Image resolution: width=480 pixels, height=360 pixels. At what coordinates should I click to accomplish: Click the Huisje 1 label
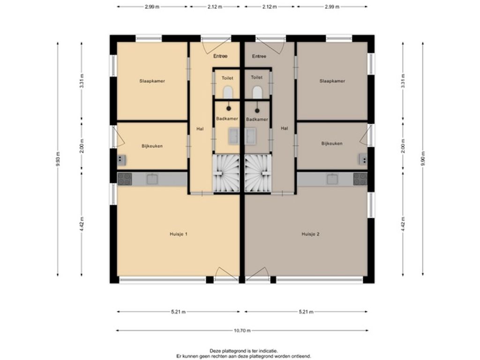coord(179,234)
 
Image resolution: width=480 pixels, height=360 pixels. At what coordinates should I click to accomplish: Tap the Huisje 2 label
coord(310,234)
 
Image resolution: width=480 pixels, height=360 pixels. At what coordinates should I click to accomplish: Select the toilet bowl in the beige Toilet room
coord(228,92)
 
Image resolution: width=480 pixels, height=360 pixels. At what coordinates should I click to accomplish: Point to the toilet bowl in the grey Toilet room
coord(257,92)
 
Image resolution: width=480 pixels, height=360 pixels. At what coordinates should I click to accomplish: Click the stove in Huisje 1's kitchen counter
coord(125,179)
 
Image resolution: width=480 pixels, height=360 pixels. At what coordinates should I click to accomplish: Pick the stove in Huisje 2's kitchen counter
coord(360,179)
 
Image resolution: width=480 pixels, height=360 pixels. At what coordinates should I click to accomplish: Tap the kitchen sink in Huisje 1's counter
coord(152,179)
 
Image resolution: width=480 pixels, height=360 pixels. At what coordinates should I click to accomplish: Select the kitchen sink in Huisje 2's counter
coord(332,179)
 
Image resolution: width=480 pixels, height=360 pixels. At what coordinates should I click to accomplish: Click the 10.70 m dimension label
coord(242,330)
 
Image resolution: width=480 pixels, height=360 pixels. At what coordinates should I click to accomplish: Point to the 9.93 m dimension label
coord(58,159)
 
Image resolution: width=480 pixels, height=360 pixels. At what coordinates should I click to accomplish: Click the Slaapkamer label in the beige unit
coord(152,81)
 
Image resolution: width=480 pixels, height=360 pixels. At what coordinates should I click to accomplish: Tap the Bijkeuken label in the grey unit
coord(332,143)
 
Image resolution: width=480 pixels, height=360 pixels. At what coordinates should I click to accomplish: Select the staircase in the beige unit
coord(226,173)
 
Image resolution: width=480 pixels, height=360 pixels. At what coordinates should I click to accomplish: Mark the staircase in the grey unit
coord(258,173)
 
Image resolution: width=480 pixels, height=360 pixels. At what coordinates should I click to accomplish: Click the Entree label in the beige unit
coord(220,56)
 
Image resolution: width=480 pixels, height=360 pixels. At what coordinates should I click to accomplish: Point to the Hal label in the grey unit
coord(285,128)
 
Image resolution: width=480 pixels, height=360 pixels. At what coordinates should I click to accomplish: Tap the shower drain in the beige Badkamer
coord(228,108)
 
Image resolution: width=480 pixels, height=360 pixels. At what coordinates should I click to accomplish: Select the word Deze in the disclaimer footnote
coord(215,351)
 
